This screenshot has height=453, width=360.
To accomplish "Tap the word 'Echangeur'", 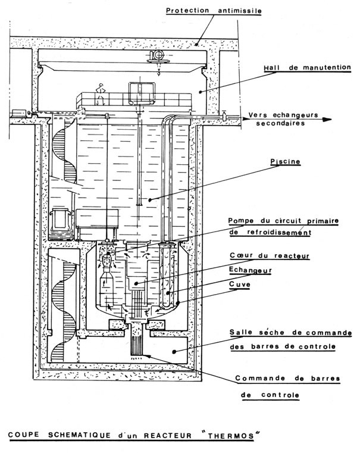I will (250, 270).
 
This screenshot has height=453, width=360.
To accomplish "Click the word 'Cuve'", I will (239, 285).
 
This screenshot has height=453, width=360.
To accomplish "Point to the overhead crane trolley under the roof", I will (159, 55).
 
